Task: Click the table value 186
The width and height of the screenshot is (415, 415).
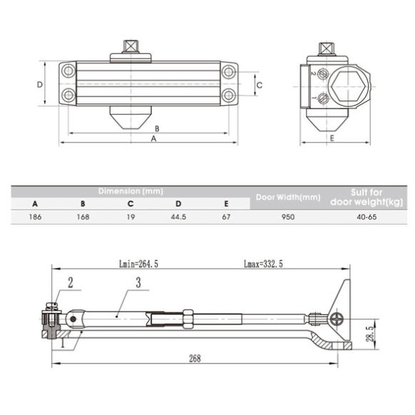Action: click(35, 217)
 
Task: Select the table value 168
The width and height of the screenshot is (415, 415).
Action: click(83, 217)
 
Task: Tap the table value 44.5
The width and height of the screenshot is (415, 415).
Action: click(178, 217)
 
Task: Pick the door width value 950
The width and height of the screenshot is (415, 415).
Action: click(288, 217)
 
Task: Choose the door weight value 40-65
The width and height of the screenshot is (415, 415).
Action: click(367, 217)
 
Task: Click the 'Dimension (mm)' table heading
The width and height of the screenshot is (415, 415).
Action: click(130, 191)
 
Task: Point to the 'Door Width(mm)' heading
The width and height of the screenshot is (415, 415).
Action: click(288, 198)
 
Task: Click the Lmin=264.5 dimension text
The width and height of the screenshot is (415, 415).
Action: click(138, 264)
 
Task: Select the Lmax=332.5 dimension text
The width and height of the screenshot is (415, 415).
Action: click(263, 264)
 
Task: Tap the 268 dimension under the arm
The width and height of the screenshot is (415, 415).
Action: click(195, 359)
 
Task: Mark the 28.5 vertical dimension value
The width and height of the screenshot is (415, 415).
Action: click(370, 334)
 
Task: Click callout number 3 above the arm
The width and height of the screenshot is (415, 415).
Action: click(138, 282)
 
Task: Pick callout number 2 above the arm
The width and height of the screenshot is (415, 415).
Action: click(70, 282)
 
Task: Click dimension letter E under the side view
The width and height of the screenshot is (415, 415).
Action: click(332, 138)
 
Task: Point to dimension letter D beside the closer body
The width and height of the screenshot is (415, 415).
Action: click(40, 85)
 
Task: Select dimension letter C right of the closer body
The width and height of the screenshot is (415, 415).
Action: click(260, 85)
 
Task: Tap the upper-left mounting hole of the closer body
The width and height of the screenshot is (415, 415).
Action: click(68, 71)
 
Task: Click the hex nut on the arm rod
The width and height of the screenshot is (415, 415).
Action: click(188, 319)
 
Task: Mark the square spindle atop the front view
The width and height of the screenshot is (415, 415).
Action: click(130, 46)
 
